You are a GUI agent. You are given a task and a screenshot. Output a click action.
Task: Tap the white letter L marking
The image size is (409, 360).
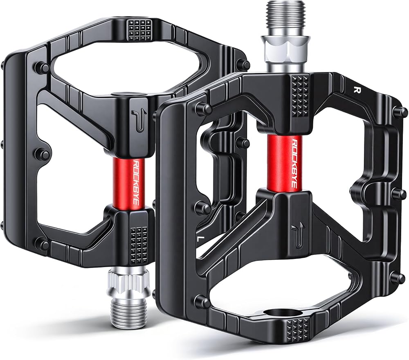[200, 238]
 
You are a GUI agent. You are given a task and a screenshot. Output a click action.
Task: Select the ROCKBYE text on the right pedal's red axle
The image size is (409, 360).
[294, 163]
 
